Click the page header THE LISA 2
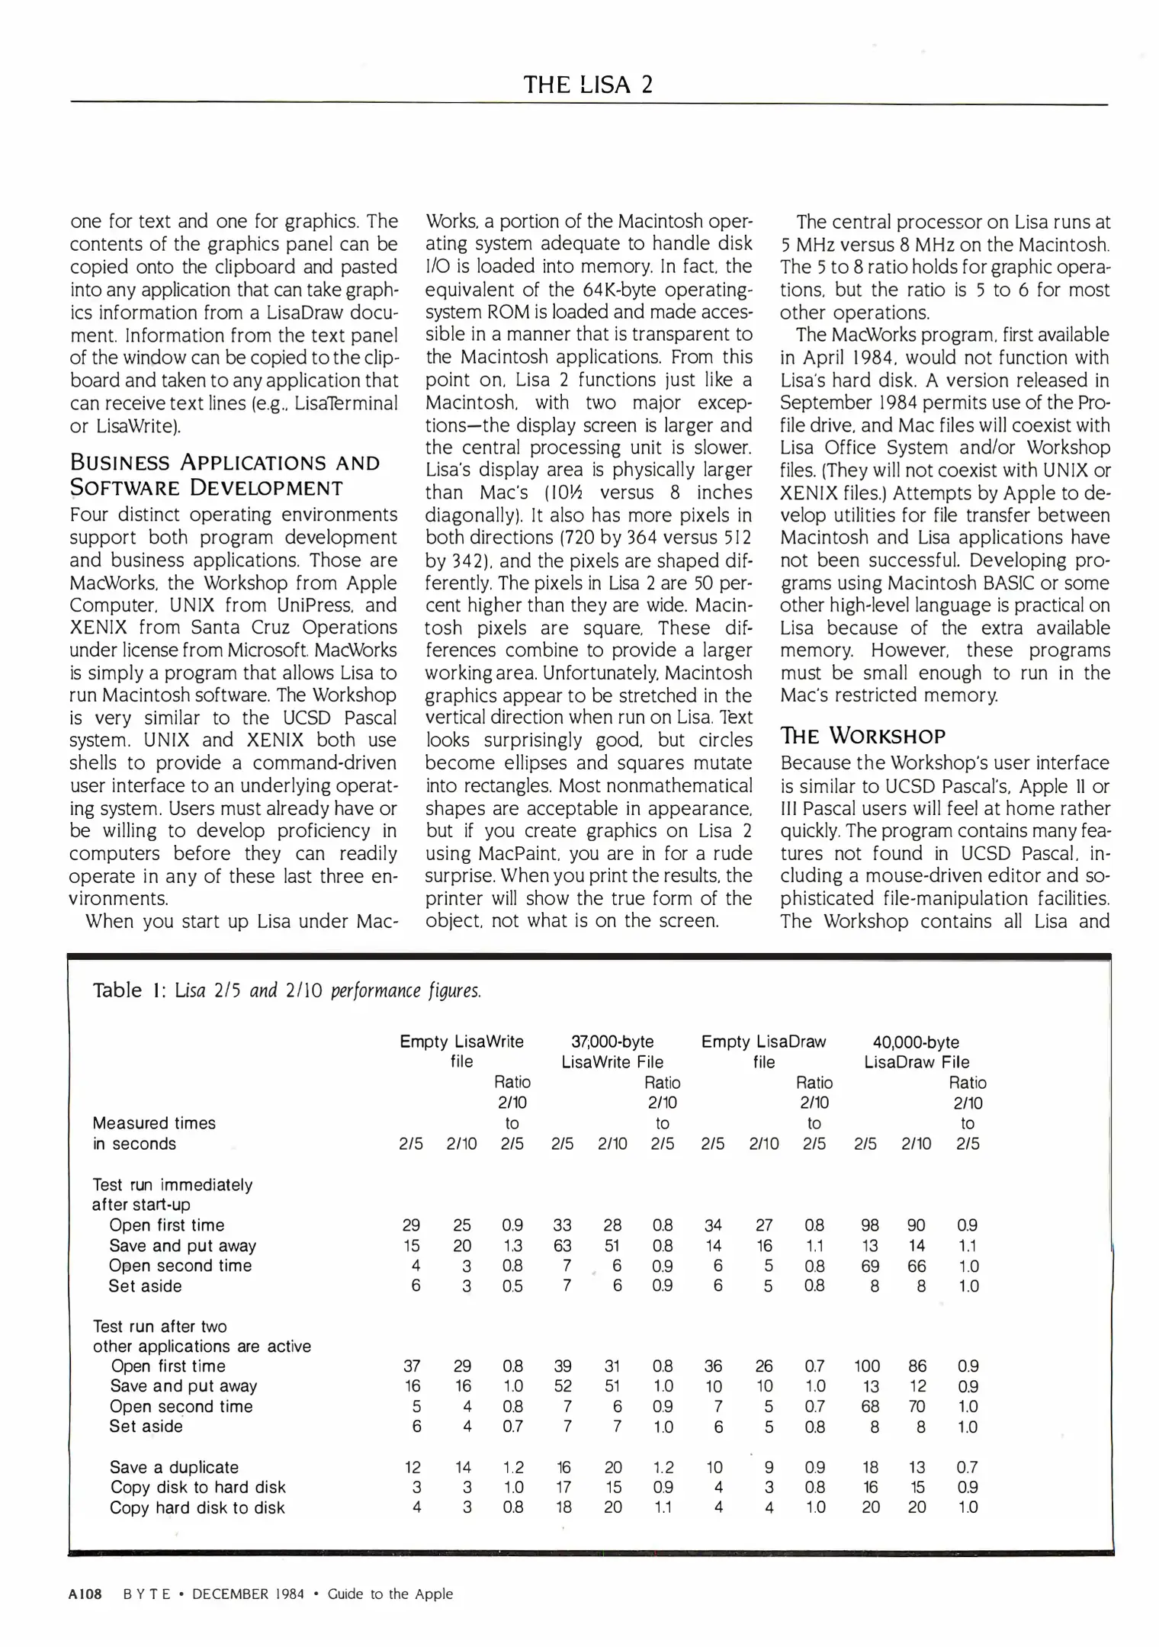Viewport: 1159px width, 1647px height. point(588,84)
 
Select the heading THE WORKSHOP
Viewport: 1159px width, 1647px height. point(862,736)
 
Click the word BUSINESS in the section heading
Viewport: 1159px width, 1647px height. point(120,463)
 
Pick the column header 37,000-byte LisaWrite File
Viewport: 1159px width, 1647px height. point(612,1051)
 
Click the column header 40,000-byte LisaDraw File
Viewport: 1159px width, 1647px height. point(916,1051)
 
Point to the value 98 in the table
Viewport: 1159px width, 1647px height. point(869,1225)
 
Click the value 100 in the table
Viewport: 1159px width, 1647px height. point(867,1366)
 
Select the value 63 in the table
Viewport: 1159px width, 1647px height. point(562,1246)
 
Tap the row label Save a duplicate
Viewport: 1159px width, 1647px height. point(174,1467)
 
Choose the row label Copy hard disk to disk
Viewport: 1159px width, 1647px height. point(197,1507)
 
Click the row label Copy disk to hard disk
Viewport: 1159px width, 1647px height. point(197,1487)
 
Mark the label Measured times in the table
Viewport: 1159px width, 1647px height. point(154,1123)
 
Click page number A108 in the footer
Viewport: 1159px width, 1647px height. point(85,1594)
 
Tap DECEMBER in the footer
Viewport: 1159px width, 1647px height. point(230,1594)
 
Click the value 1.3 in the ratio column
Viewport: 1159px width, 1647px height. point(512,1246)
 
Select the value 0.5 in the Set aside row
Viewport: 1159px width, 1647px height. point(512,1286)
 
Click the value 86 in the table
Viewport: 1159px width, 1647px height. point(917,1366)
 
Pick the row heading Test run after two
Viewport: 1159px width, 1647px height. point(159,1326)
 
